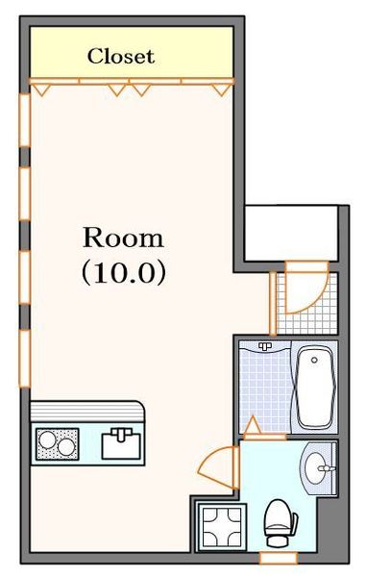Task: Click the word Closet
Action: tap(121, 57)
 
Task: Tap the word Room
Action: tap(122, 237)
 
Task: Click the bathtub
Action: tap(313, 387)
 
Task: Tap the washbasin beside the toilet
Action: tap(319, 469)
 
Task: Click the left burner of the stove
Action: tap(46, 445)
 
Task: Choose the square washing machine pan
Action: tap(221, 527)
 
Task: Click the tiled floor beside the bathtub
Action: tap(264, 385)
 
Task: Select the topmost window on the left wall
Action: tap(23, 121)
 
